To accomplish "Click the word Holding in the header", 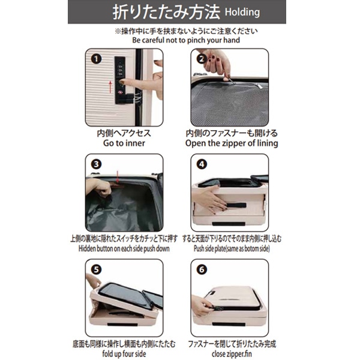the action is [x=242, y=12].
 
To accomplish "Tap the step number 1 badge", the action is [x=96, y=59].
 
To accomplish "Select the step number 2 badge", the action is [x=202, y=59].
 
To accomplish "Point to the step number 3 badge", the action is [x=96, y=164].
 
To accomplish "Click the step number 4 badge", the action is [x=202, y=164].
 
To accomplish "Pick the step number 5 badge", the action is [x=96, y=269].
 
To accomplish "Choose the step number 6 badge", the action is [x=202, y=269].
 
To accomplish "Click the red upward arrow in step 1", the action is [x=110, y=87].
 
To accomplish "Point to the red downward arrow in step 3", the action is [x=118, y=177].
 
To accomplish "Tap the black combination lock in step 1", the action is [x=121, y=80].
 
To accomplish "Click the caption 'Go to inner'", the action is [x=124, y=143].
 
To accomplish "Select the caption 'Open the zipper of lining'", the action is [x=232, y=143].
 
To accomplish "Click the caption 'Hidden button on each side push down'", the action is [x=124, y=248].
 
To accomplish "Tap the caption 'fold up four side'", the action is [x=124, y=354].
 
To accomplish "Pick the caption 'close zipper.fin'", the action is [x=232, y=354].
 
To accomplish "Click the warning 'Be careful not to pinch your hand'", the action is [x=186, y=40].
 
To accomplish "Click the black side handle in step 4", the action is [x=235, y=205].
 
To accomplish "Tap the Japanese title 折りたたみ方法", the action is [x=166, y=12].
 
